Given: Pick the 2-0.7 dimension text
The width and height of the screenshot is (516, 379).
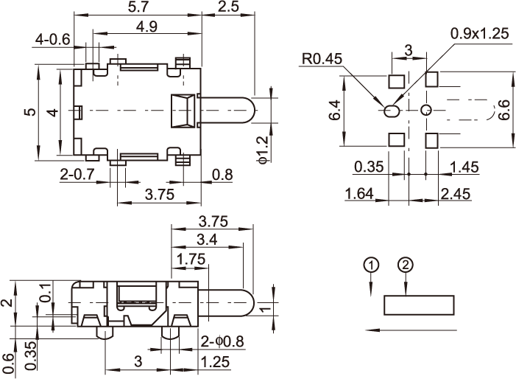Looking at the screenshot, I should [x=77, y=174].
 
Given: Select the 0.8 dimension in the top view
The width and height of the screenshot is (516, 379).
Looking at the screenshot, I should [x=222, y=174].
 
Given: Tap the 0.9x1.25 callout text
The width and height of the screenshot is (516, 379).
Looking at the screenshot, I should [x=478, y=33].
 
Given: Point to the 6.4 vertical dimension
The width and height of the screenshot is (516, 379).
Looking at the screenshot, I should [x=334, y=111].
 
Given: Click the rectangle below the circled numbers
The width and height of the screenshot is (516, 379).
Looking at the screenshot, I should [x=419, y=305].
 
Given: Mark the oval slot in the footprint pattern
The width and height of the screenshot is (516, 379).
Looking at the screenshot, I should [x=392, y=111].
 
